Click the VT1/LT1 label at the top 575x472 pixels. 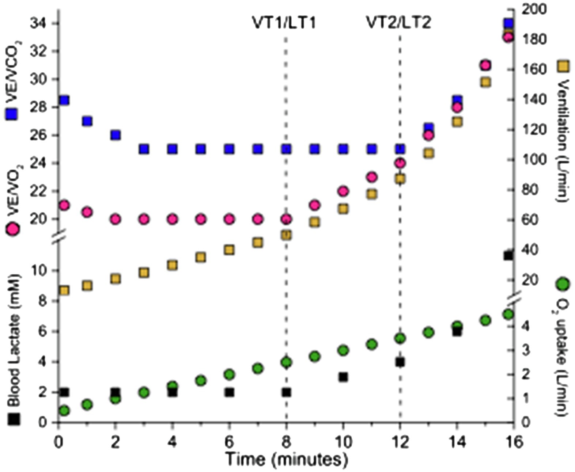[284, 23]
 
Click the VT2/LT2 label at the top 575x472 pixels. [399, 23]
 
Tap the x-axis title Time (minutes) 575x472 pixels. [286, 459]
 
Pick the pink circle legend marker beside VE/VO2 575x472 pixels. [13, 229]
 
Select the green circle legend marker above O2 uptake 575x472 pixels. [563, 284]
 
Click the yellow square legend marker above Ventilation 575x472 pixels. [563, 66]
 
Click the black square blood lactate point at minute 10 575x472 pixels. [343, 377]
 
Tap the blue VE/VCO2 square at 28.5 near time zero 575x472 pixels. [65, 100]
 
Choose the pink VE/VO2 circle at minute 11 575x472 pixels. [372, 177]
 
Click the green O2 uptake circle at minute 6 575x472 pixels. [229, 374]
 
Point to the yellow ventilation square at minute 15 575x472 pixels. [485, 82]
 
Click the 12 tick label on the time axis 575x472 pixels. [400, 442]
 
